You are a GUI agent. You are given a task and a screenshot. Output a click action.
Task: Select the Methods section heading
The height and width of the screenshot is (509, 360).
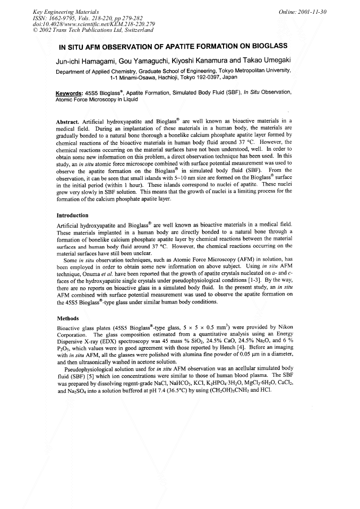[x=67, y=318]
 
